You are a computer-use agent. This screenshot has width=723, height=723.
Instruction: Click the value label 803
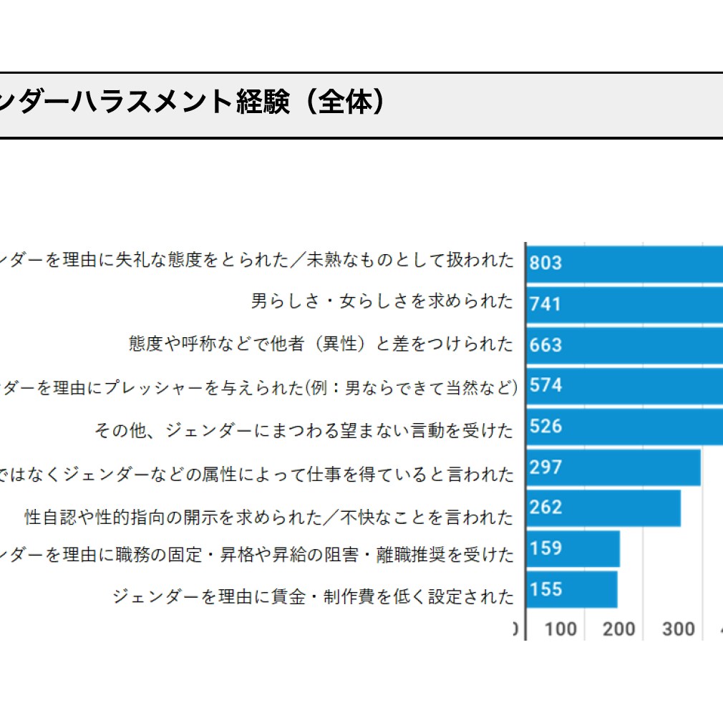click(545, 263)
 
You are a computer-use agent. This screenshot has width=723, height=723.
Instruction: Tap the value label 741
click(545, 304)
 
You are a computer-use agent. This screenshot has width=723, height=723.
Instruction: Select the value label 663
click(545, 344)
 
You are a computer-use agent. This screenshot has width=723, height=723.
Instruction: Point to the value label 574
click(545, 385)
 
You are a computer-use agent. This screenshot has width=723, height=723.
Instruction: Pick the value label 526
click(545, 426)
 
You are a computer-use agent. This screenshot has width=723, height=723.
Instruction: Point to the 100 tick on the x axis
click(560, 629)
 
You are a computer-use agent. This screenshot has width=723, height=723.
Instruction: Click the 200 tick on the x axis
click(618, 629)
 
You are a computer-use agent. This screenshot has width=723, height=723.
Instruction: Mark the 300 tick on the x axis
click(677, 629)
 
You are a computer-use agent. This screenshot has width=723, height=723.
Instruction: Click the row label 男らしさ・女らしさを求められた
click(382, 301)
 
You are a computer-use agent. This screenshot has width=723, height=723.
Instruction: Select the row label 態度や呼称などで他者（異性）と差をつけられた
click(321, 344)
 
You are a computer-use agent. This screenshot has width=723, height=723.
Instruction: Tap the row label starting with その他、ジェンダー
click(304, 431)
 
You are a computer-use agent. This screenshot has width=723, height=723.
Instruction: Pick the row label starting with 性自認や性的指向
click(269, 517)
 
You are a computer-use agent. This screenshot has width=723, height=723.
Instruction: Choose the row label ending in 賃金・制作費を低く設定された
click(313, 596)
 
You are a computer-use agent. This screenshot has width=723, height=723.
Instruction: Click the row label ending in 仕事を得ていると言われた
click(258, 474)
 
